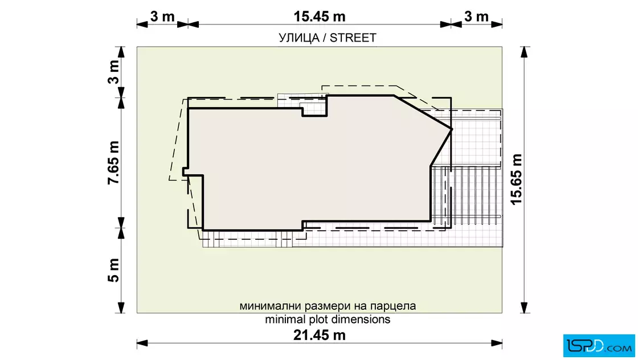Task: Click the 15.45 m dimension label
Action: point(319,17)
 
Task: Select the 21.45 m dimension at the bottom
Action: point(319,335)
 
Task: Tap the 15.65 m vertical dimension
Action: point(516,179)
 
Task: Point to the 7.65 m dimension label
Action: point(114,162)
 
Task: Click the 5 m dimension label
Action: point(114,270)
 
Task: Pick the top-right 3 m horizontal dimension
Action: point(476,17)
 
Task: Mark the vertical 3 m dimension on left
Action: point(114,72)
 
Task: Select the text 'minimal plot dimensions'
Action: point(328,319)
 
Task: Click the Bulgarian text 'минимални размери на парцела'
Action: point(328,306)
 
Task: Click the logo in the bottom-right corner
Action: point(598,343)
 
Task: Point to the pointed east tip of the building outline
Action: point(452,129)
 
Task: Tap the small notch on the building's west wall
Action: point(185,171)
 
